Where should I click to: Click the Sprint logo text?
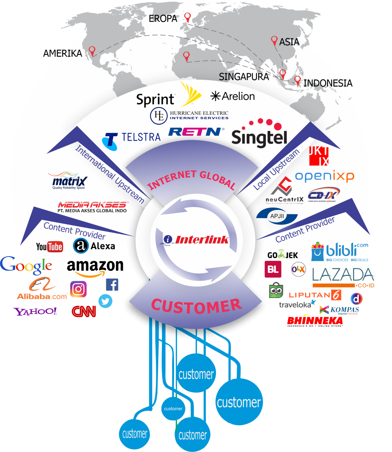tap(155, 100)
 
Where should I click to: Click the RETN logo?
tap(195, 132)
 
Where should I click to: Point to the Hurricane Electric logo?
tap(189, 116)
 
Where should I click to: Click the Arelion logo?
tap(233, 96)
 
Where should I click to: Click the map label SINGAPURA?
tap(244, 77)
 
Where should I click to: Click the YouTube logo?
tap(49, 247)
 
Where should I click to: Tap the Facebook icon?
tap(112, 285)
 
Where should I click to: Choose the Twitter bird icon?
tap(105, 301)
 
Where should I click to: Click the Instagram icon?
tap(78, 289)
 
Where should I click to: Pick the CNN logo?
tap(84, 311)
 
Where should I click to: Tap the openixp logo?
tap(324, 176)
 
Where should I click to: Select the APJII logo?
tap(277, 216)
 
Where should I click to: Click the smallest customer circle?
tap(173, 408)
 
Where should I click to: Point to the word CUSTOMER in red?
tap(196, 306)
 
